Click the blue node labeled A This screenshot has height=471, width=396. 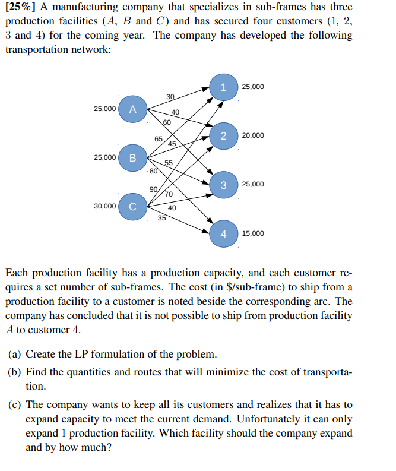click(133, 109)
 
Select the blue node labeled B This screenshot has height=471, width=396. click(133, 158)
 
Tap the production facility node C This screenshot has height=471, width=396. click(133, 207)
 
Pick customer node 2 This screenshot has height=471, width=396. click(223, 136)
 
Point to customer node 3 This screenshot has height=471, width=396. click(223, 185)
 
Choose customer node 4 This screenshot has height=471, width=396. click(223, 233)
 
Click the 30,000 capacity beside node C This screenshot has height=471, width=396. click(105, 206)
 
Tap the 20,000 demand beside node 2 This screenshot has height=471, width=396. click(253, 136)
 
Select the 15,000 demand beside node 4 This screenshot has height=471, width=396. click(253, 233)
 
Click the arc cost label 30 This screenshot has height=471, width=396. click(170, 97)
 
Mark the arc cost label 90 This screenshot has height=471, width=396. click(154, 189)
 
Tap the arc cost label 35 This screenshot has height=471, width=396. click(162, 218)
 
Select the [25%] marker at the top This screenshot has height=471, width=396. click(20, 7)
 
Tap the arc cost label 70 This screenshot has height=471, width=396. click(169, 194)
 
